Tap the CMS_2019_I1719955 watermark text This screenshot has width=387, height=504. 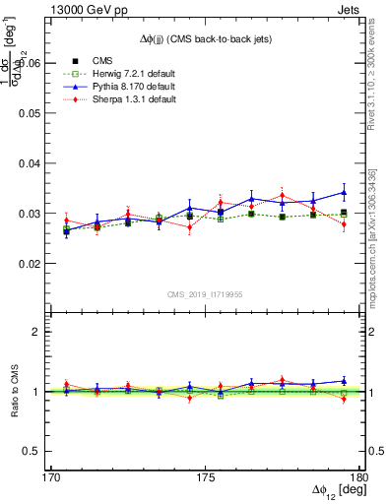(205, 293)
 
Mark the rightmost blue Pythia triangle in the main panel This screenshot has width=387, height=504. (344, 192)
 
